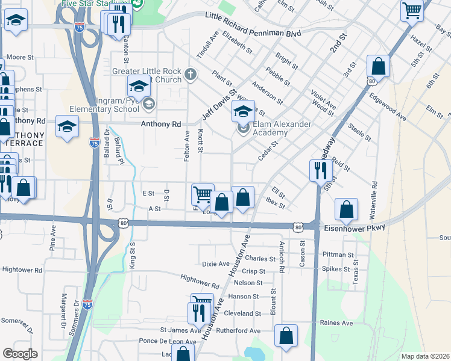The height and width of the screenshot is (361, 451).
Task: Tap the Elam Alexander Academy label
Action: (282, 128)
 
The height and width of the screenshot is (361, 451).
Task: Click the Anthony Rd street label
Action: (161, 124)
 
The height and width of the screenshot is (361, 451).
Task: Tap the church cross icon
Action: (191, 75)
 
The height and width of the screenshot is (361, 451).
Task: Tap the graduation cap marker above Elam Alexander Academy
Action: (243, 110)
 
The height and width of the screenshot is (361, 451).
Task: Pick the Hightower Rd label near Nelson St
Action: (200, 281)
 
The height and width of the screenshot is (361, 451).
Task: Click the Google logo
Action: (20, 354)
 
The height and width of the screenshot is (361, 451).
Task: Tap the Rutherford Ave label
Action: (238, 331)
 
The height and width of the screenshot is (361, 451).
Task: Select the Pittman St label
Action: (338, 255)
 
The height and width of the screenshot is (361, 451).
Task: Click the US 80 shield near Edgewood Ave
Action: (371, 80)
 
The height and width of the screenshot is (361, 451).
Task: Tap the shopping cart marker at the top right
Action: (412, 9)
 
